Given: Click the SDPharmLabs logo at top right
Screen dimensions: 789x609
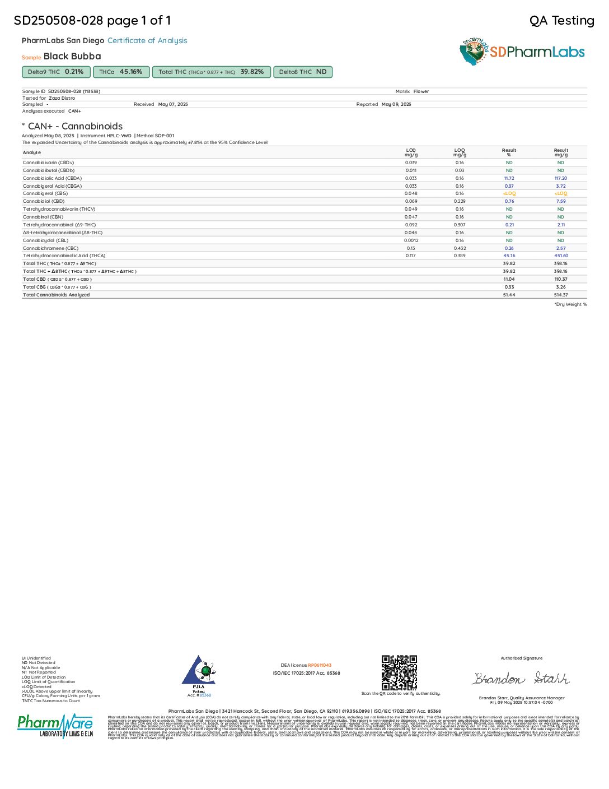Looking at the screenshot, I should click(x=522, y=52).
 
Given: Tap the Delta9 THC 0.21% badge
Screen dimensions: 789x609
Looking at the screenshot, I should click(x=56, y=72).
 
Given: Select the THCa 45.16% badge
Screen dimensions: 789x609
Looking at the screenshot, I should click(x=121, y=72).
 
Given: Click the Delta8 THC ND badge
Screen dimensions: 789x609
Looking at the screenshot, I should click(x=303, y=72).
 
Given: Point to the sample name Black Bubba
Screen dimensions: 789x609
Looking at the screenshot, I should click(x=72, y=56).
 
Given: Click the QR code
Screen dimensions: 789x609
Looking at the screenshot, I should click(x=399, y=672).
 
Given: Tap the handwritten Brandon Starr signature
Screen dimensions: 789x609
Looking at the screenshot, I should click(x=521, y=679).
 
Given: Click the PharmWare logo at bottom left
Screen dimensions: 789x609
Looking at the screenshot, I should click(x=55, y=726).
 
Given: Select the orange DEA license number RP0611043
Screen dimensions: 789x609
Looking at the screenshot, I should click(x=320, y=665).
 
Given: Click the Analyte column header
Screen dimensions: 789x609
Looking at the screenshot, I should click(x=32, y=152).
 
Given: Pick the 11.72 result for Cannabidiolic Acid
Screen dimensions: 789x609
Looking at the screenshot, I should click(x=509, y=178).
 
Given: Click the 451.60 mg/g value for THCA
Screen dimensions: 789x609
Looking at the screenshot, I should click(x=561, y=256).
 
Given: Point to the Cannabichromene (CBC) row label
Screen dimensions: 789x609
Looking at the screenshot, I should click(x=50, y=248).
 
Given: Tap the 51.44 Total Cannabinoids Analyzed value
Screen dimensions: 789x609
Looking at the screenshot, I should click(x=509, y=295).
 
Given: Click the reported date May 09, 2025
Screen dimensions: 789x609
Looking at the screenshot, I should click(x=396, y=104).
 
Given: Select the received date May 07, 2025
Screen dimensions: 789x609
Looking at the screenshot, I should click(x=173, y=104).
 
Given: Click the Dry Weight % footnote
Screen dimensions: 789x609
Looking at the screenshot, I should click(x=570, y=304).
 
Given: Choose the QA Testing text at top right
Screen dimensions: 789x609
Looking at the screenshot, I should click(x=561, y=21).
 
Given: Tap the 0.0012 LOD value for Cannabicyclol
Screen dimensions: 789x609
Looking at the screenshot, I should click(x=411, y=240).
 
